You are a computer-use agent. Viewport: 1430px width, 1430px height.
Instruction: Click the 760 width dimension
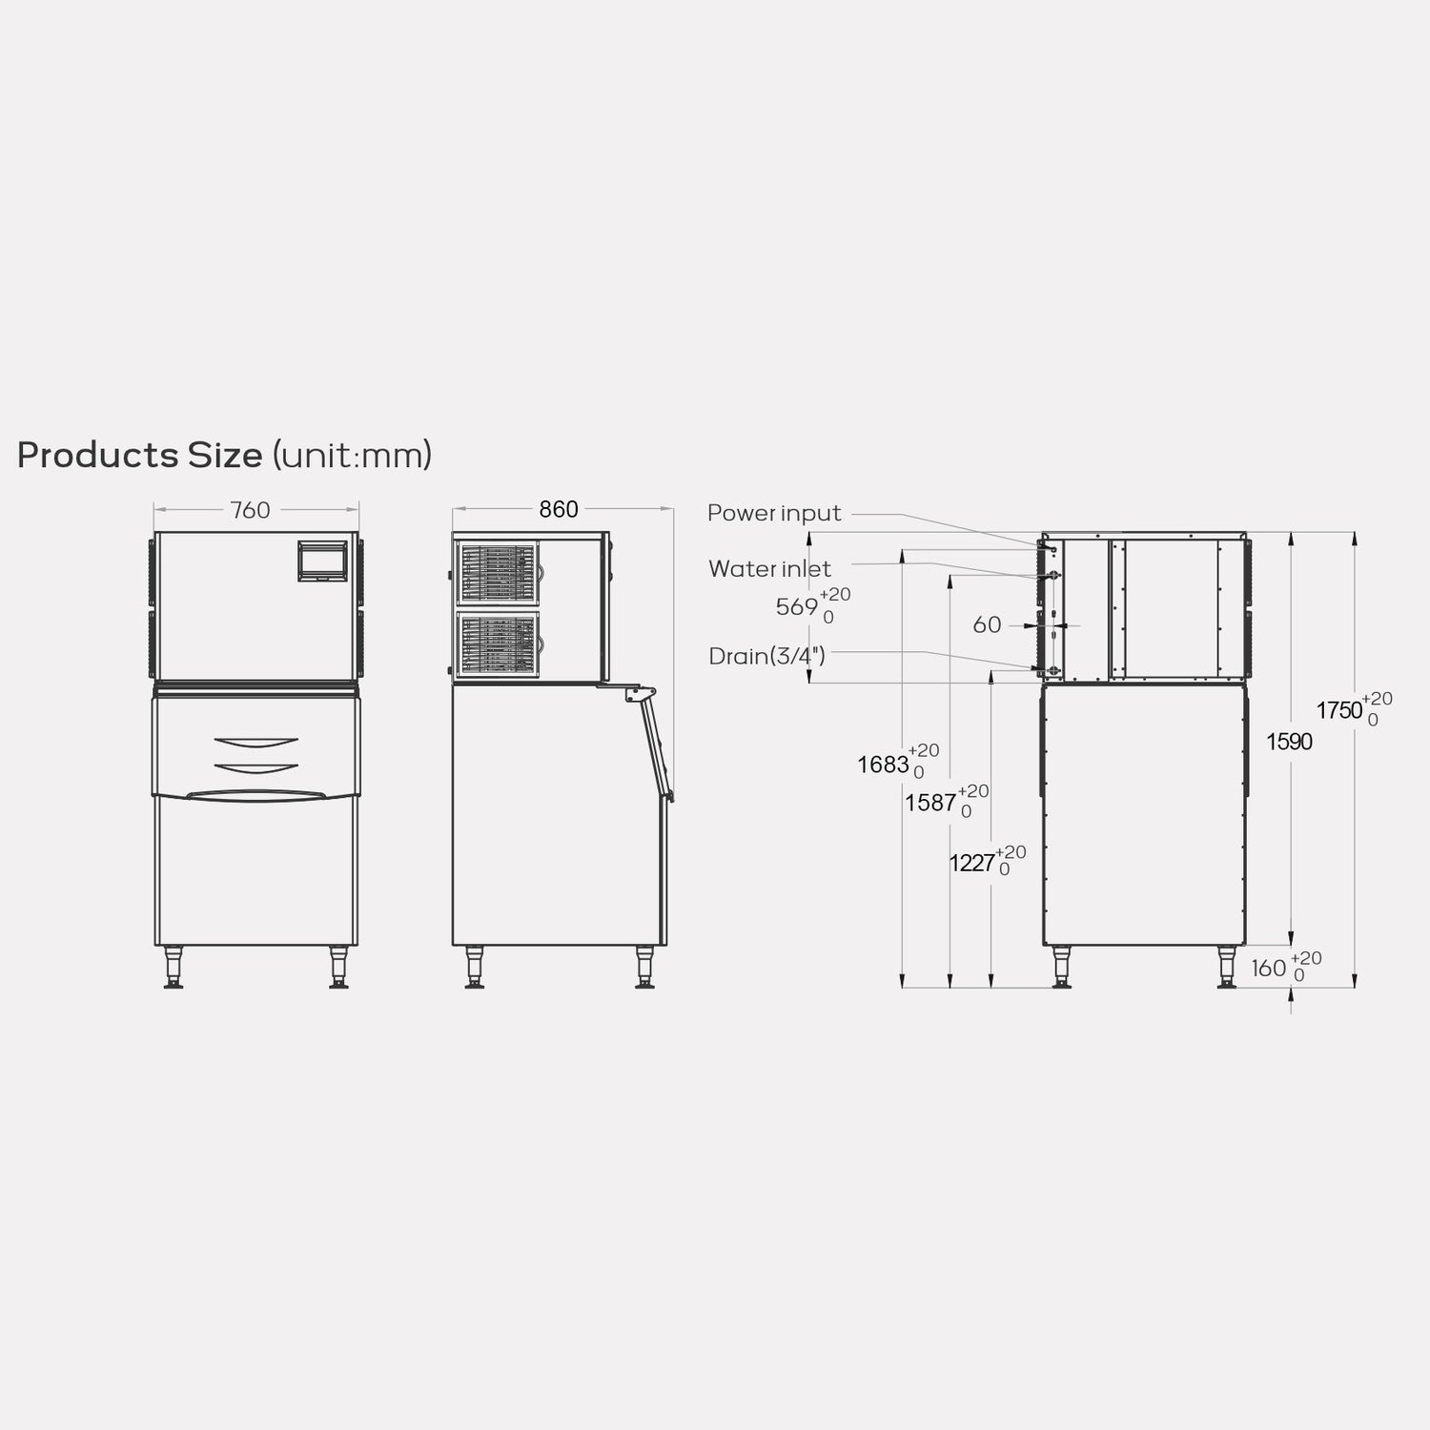pos(250,511)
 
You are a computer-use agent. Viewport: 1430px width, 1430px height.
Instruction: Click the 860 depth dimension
pos(559,510)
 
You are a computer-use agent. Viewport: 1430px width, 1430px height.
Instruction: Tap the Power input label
pos(774,514)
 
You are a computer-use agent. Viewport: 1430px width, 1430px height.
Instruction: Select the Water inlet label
pos(769,569)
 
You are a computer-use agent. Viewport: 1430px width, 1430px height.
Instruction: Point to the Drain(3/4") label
pos(766,656)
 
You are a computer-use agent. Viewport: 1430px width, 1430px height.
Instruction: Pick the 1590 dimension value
pos(1289,742)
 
